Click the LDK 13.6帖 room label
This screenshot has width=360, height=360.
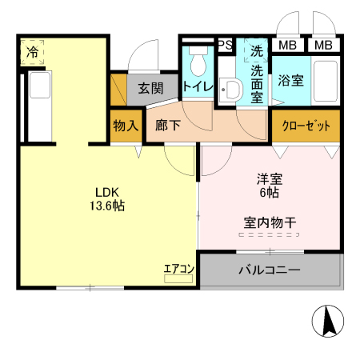coord(107,199)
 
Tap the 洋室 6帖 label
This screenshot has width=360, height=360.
coord(270,186)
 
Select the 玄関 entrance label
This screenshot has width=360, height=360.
coord(150,88)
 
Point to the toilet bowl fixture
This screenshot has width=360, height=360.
coord(198,62)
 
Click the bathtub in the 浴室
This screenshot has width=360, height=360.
coord(326,81)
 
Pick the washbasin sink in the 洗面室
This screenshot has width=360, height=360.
coord(231,90)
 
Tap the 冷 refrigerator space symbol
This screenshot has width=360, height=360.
coord(32,52)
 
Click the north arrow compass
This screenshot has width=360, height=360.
coord(328,321)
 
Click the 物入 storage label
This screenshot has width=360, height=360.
coord(126,126)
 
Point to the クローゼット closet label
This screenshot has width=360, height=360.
coord(306,126)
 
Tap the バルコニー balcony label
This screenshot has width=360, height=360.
coord(270,270)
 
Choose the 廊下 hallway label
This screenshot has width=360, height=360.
coord(168,125)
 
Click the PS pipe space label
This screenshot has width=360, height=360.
coord(226,45)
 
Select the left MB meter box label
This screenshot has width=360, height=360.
coord(287,46)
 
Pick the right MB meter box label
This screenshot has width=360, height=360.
coord(323,46)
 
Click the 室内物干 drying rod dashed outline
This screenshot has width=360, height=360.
coord(269,234)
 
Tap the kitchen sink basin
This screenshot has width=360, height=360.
coord(40,85)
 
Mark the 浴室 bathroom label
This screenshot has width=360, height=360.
coord(290,81)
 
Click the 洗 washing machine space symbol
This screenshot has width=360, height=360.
coord(257,50)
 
